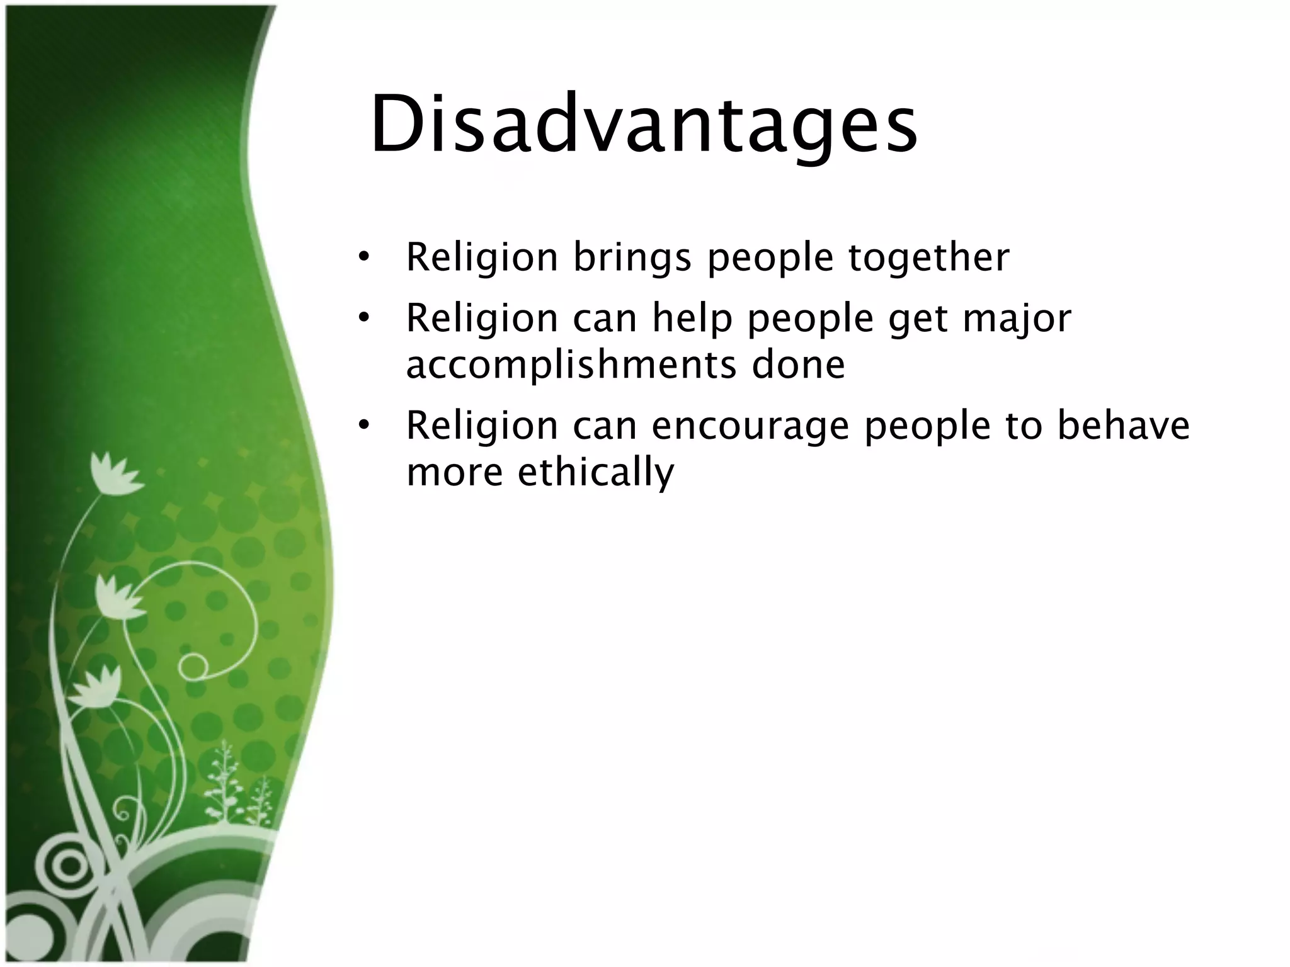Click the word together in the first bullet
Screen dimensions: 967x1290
point(928,258)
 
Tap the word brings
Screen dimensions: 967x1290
point(632,258)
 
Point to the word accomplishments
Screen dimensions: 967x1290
point(571,366)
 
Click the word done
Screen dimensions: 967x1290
point(798,365)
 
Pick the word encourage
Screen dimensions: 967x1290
point(750,426)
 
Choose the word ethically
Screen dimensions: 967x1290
point(596,472)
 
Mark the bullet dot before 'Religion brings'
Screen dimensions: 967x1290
point(363,257)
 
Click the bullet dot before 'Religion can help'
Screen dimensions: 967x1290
point(363,318)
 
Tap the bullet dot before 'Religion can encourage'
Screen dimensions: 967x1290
point(363,426)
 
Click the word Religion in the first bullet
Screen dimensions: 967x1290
point(482,258)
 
